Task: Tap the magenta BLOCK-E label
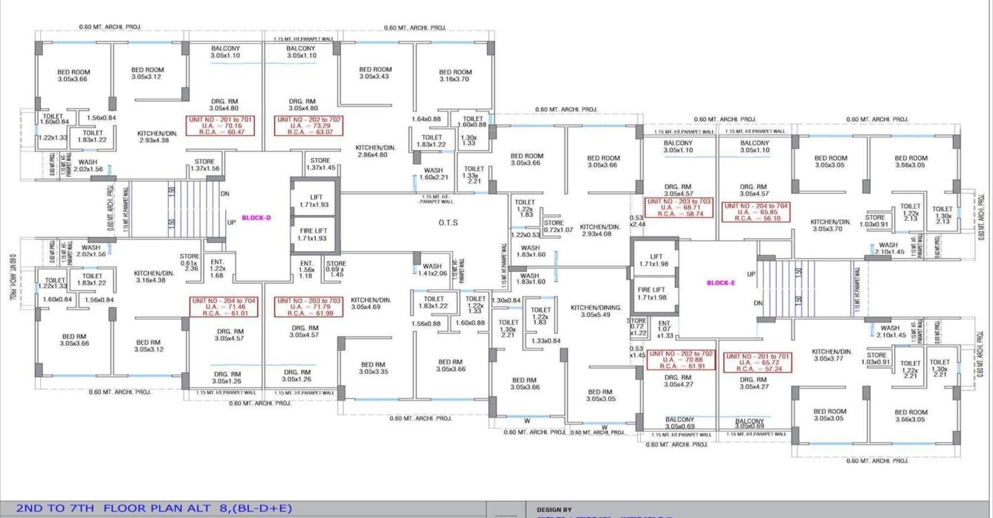720,282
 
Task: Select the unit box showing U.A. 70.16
220,126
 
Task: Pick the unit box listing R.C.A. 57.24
757,363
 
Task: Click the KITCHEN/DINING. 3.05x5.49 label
595,311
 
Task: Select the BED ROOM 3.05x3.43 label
375,73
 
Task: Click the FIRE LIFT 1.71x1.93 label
314,233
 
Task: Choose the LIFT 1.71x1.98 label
653,259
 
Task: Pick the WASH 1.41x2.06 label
431,270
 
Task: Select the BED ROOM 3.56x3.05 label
910,161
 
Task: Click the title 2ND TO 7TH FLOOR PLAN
155,509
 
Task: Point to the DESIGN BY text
554,510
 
